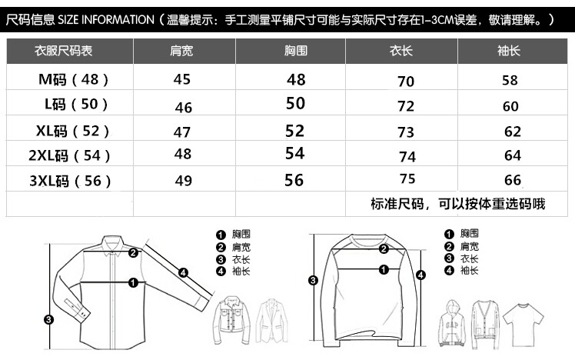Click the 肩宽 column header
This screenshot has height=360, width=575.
click(x=181, y=51)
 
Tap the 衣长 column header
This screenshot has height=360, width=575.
click(x=401, y=51)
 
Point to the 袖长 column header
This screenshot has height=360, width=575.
click(x=510, y=51)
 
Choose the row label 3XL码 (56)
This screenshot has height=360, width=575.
click(x=70, y=181)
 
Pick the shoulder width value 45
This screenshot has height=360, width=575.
click(x=182, y=79)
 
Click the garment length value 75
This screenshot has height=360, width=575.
click(x=407, y=179)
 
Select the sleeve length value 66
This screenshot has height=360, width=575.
click(x=512, y=180)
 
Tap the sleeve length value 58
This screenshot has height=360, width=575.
click(x=510, y=80)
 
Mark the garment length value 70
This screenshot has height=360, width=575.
click(x=406, y=81)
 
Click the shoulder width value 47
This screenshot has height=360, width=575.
click(x=182, y=132)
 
